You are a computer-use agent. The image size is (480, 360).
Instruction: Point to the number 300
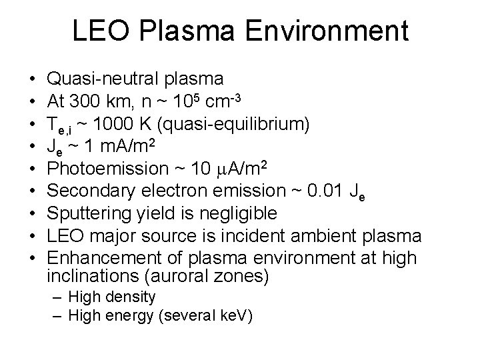pyautogui.click(x=84, y=102)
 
